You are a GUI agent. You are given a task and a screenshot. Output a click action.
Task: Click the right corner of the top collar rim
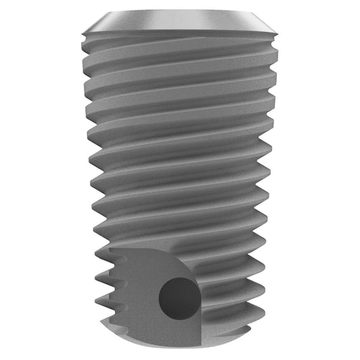[280, 30]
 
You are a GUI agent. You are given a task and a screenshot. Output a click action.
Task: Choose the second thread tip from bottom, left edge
[97, 297]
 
